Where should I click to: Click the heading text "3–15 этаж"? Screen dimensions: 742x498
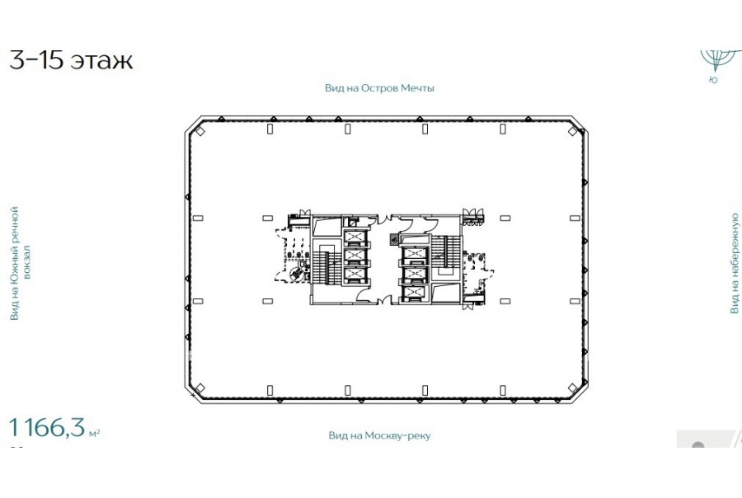[x=71, y=60]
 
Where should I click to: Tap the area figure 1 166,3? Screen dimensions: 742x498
[x=47, y=427]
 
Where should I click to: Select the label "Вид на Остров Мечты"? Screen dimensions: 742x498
[x=379, y=88]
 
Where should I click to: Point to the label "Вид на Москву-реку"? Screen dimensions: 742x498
[x=379, y=435]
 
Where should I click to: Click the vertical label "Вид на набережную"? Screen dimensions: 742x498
[x=734, y=263]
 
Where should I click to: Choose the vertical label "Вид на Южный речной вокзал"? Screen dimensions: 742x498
[x=21, y=263]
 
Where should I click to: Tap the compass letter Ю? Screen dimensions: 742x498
[x=713, y=80]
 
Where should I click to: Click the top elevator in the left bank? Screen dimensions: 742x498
[x=355, y=236]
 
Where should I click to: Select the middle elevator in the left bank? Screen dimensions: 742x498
[x=355, y=255]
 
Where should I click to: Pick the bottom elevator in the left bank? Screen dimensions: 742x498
[x=355, y=274]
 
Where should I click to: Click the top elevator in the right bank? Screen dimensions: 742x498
[x=415, y=254]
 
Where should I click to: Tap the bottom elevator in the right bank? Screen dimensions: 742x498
[x=415, y=293]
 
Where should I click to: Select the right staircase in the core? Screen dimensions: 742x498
[x=445, y=252]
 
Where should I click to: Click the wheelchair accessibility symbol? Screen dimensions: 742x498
[x=296, y=273]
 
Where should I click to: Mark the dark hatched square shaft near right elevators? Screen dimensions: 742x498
[x=394, y=240]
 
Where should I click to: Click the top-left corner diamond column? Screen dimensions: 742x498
[x=200, y=131]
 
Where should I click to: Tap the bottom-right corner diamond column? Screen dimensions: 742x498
[x=572, y=388]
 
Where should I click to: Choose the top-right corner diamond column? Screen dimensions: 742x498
[x=572, y=131]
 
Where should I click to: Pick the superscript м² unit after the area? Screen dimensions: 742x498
[x=94, y=433]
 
